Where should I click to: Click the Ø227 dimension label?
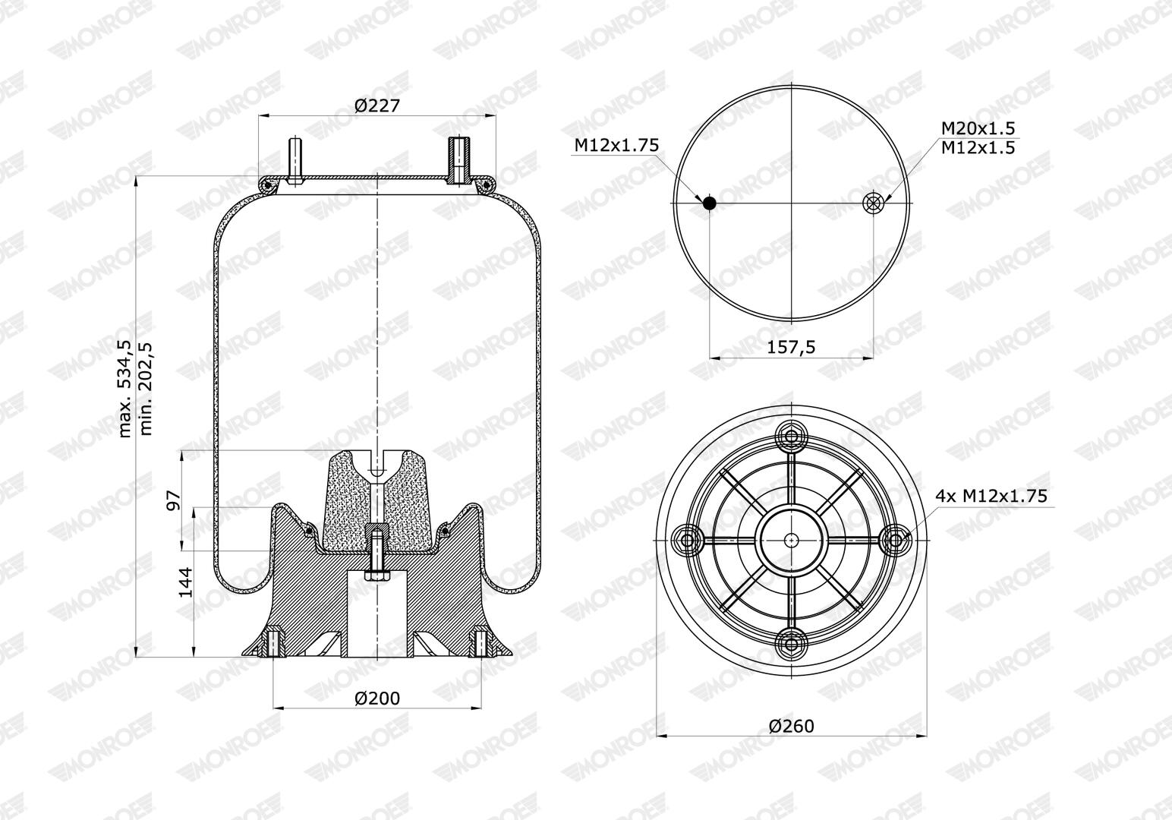[376, 106]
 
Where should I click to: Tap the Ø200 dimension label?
[376, 698]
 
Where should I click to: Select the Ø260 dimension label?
[791, 726]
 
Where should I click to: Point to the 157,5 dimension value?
[791, 347]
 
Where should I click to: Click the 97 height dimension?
[174, 500]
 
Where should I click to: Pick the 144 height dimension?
[186, 582]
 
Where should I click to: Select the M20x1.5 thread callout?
[978, 128]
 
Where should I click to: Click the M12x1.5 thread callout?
[978, 148]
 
